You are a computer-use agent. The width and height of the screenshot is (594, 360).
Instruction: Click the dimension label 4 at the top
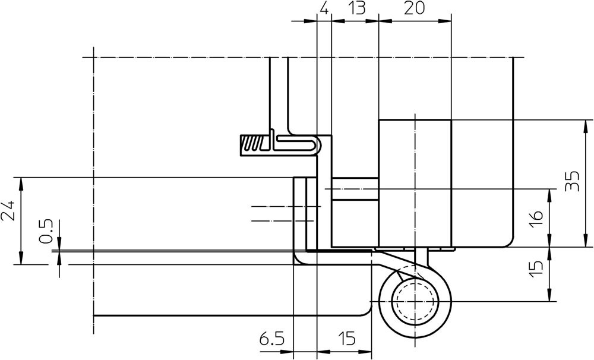tap(324, 8)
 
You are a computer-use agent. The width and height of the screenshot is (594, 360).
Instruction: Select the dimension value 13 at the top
tap(356, 8)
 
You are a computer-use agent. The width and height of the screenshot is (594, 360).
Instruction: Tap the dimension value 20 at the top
tap(414, 8)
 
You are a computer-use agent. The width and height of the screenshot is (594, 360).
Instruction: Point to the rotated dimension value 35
tap(572, 182)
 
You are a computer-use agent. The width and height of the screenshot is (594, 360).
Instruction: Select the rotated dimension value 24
tap(8, 210)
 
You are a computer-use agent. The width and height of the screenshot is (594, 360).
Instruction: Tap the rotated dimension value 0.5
tap(46, 232)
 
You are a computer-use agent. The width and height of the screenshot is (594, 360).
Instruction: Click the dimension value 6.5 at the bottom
tap(271, 339)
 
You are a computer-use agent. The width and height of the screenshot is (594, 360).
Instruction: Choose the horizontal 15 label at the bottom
tap(347, 339)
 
